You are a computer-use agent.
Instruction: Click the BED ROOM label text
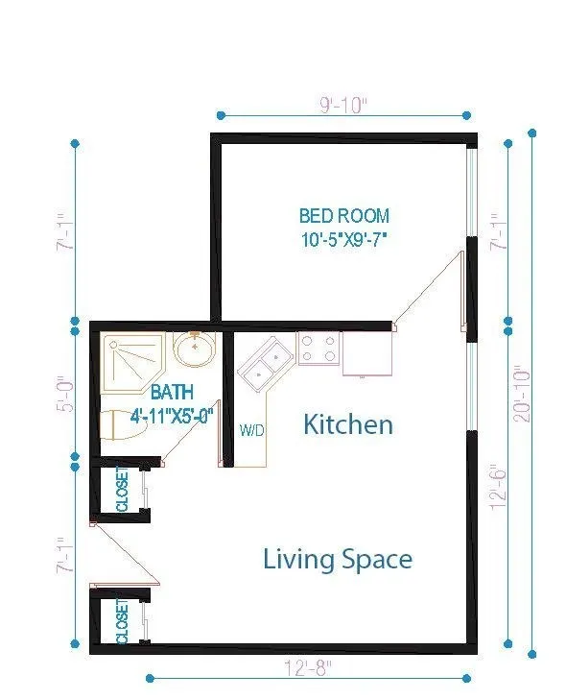[344, 216]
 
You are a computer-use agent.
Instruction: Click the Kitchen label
[348, 424]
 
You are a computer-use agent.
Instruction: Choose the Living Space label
[338, 559]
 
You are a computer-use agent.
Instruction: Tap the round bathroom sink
[196, 349]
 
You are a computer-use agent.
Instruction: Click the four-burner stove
[318, 349]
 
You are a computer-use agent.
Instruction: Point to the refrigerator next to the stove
[367, 352]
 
